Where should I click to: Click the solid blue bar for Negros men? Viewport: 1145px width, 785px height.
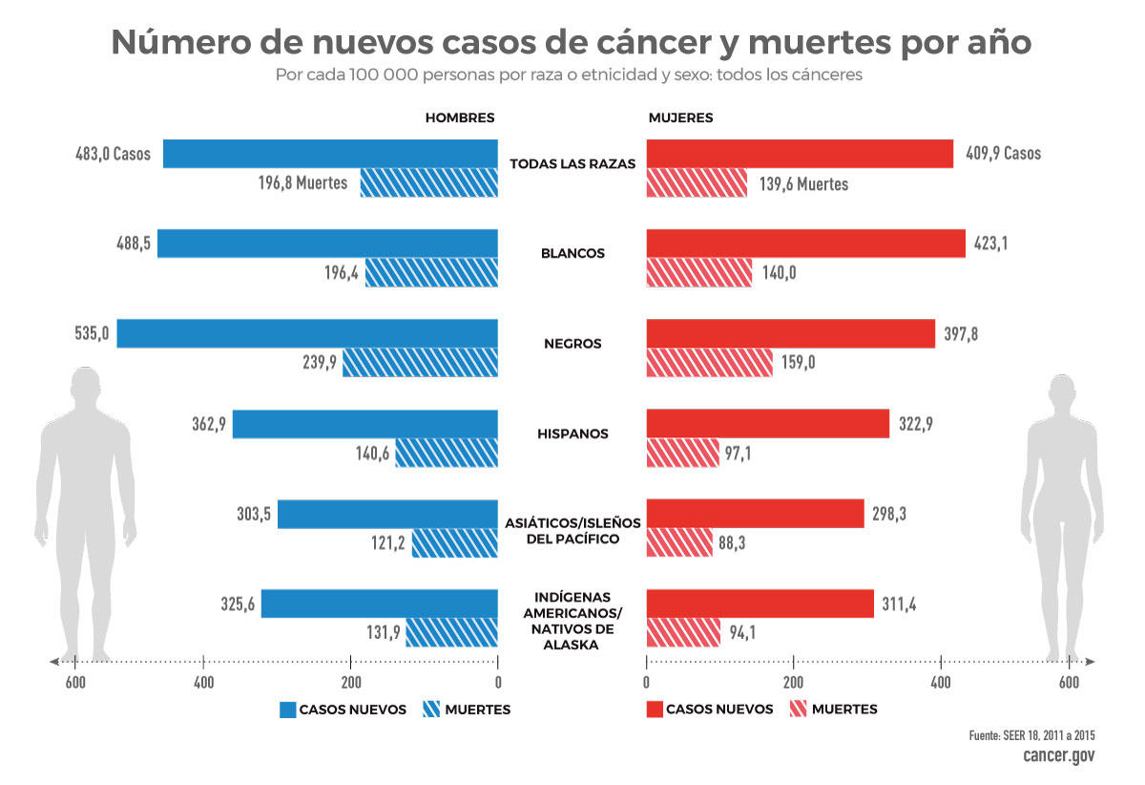[x=307, y=333]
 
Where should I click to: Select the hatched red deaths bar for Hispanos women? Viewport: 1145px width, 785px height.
[x=682, y=453]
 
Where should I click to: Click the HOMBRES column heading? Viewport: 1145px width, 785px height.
[x=460, y=118]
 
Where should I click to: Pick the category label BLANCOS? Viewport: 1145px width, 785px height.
[x=572, y=254]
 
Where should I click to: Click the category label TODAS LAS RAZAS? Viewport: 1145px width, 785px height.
[x=572, y=163]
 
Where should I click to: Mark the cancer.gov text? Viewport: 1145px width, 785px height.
[x=1058, y=755]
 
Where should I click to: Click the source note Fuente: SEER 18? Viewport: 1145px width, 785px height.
[x=1030, y=735]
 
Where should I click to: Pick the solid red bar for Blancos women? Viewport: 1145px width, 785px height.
[x=805, y=244]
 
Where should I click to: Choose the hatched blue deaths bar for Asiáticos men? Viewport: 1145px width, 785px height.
[x=455, y=543]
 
